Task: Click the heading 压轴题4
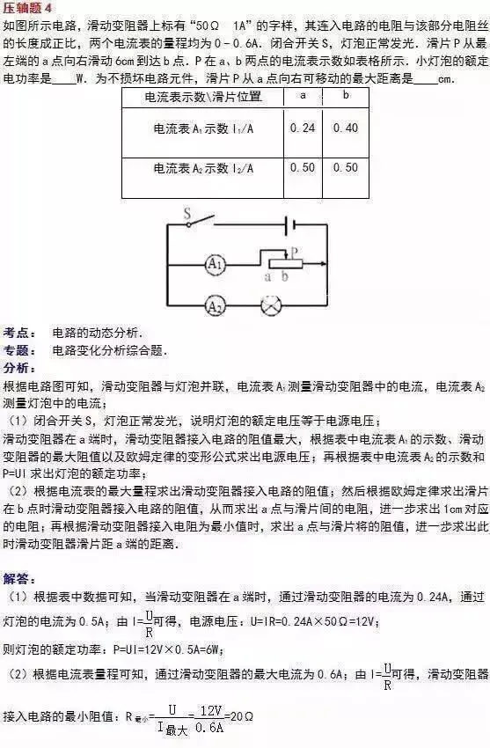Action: click(x=27, y=8)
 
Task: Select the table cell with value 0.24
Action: click(x=302, y=128)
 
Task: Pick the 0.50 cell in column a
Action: click(x=302, y=167)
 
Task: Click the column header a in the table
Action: click(x=302, y=93)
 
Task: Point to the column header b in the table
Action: click(x=346, y=93)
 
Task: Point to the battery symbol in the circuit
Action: click(x=286, y=226)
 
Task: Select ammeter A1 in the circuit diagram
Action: click(x=214, y=262)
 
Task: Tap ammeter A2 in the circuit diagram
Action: click(x=214, y=306)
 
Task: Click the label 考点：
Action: click(x=20, y=334)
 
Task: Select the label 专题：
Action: click(x=20, y=350)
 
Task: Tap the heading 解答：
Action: click(x=20, y=578)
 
